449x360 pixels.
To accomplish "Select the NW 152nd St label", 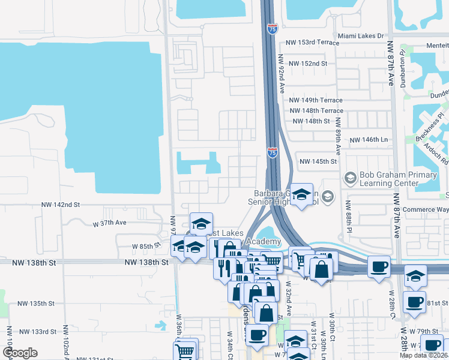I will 307,64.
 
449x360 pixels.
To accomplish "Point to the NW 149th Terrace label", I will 316,100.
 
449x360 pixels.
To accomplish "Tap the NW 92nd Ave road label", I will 281,73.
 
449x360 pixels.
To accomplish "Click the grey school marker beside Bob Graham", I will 349,178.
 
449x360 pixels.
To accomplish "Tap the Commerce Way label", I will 426,209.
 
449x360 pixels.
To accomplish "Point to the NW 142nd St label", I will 61,205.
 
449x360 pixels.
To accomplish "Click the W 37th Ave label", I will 110,223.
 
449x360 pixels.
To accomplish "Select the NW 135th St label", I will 40,304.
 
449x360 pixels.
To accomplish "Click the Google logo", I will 20,353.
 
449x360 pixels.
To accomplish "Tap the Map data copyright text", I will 423,355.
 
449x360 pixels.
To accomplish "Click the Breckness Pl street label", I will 430,128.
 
